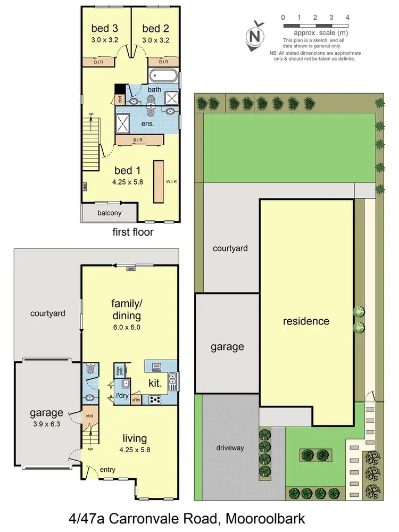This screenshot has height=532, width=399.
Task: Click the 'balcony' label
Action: coord(110,213)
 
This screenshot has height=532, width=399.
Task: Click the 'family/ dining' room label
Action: coord(126,310)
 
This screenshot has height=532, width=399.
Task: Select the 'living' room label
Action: coord(135,438)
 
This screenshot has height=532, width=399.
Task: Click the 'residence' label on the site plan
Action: coord(306,321)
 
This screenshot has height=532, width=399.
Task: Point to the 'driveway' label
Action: coord(230,447)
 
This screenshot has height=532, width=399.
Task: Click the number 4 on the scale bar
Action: coord(347,18)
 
